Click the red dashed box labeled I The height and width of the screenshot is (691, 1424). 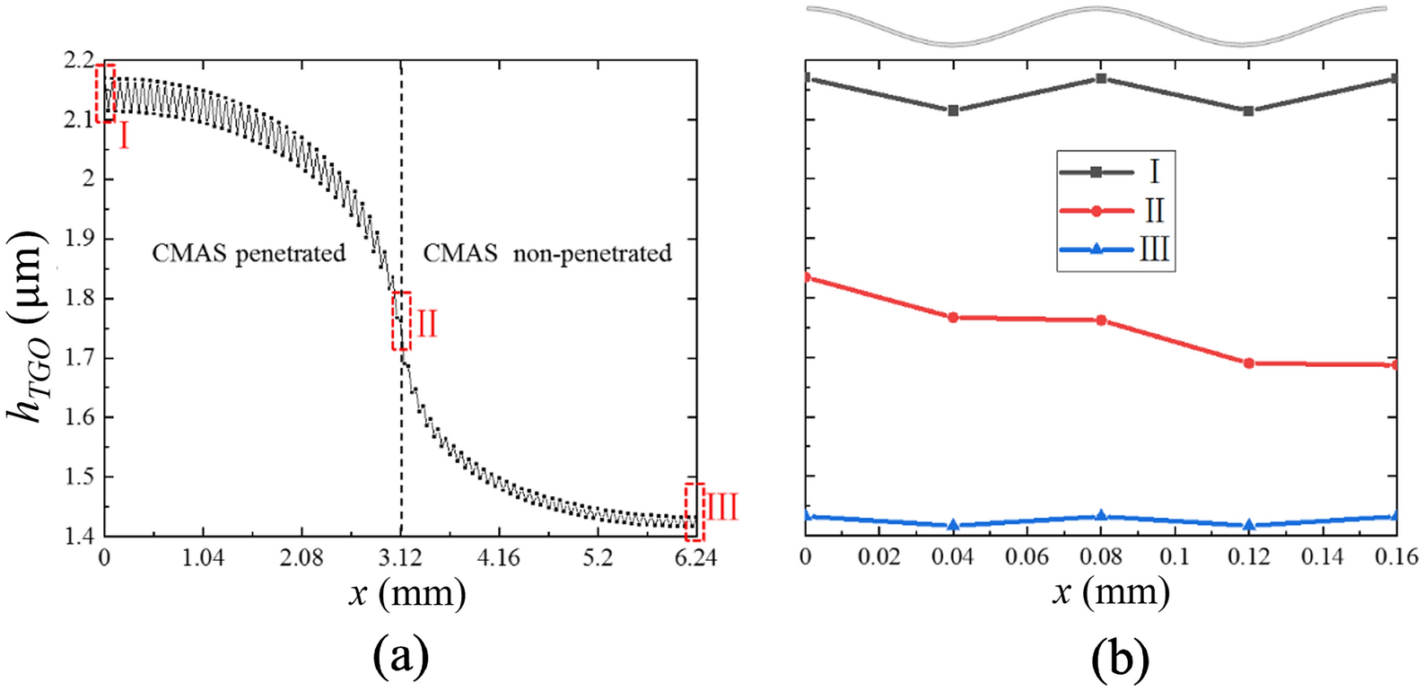coord(105,93)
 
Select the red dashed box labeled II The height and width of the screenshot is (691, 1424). coord(401,321)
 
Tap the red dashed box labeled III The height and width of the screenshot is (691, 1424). coord(695,512)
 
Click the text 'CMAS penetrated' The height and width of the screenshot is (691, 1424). coord(249,253)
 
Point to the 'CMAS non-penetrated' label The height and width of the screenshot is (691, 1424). coord(547,253)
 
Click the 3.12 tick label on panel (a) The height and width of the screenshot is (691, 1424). coord(401,558)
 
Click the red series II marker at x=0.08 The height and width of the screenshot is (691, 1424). coord(1101,320)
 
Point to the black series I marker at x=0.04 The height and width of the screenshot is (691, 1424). coord(953,110)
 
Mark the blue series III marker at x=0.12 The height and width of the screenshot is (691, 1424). coord(1249,525)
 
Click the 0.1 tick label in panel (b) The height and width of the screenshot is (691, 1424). coord(1175,558)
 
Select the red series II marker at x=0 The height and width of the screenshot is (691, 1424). coord(807,277)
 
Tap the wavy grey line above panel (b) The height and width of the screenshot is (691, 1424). coord(1098,24)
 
